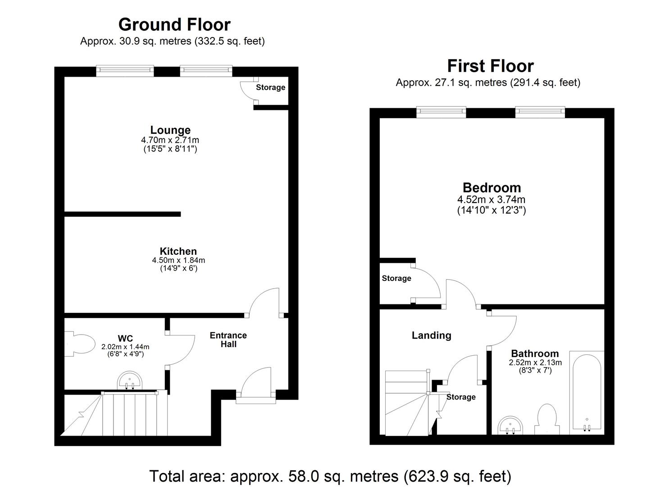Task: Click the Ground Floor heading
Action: [174, 24]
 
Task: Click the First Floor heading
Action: [490, 66]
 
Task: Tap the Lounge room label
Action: [170, 130]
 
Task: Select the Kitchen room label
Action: [178, 251]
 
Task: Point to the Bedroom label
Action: [492, 188]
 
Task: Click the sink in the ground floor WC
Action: [130, 381]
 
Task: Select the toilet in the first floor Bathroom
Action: [547, 419]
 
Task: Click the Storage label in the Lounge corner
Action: [270, 87]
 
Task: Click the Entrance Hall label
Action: [228, 340]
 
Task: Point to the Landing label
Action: [431, 335]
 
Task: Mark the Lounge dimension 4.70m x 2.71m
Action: [170, 140]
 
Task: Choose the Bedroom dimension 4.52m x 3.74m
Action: [491, 199]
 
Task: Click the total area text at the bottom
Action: [330, 476]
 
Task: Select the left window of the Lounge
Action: [125, 70]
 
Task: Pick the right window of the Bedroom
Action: [540, 111]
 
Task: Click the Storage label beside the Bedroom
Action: [396, 278]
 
